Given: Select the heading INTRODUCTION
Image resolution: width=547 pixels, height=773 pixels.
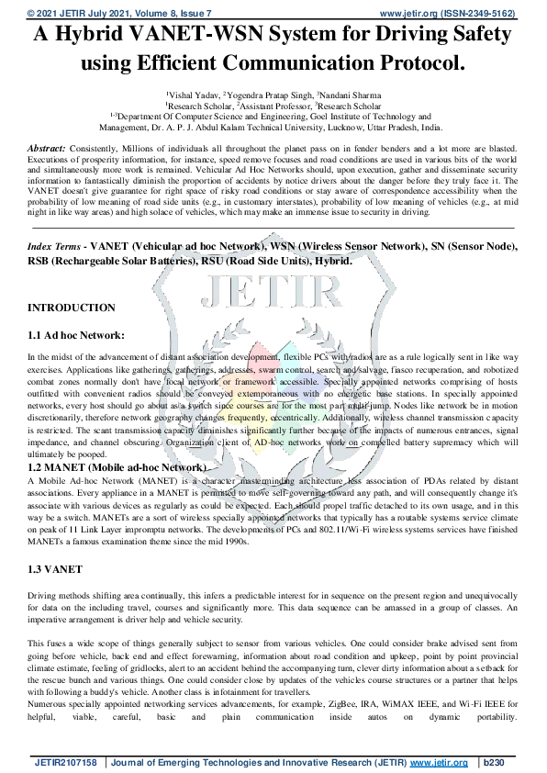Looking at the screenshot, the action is [72, 308].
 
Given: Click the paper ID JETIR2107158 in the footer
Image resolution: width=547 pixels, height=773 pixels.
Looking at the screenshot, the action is [65, 763].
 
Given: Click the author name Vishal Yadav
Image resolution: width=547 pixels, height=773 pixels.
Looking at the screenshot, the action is [195, 95].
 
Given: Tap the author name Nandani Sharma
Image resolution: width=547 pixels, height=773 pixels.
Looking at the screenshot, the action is [352, 95].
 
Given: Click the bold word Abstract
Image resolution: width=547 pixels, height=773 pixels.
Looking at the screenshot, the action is [47, 148].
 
